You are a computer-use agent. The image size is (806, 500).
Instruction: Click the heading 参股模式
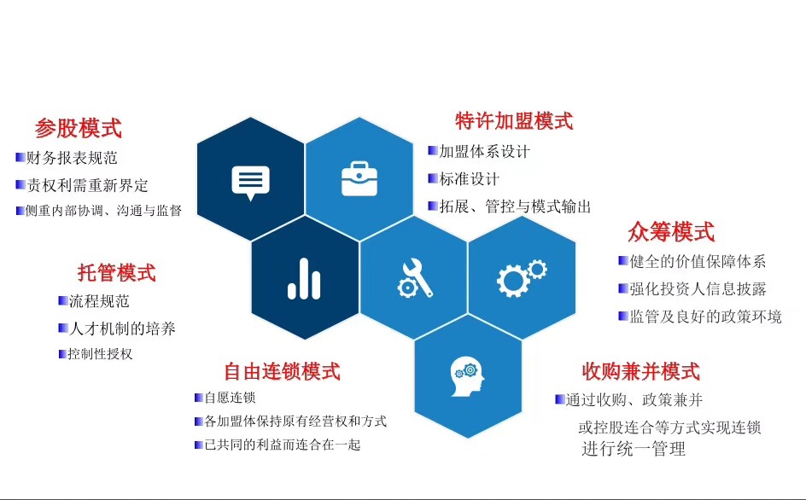coord(78,129)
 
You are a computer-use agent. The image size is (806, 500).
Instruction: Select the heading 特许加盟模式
coord(514,121)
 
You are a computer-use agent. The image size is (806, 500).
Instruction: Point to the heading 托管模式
coord(117,273)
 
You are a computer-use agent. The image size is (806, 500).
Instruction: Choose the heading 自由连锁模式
coord(282,371)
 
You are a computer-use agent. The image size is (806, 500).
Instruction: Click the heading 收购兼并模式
coord(640,371)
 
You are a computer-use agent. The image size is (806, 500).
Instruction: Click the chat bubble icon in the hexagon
coord(250,182)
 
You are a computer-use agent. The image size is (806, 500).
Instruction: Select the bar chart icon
coord(304,278)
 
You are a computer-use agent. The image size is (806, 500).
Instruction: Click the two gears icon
coord(521,276)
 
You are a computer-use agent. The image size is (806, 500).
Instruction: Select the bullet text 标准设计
coord(469,179)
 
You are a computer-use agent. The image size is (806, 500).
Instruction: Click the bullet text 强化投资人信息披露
coord(698,288)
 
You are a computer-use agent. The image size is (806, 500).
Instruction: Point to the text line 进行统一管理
coord(634,449)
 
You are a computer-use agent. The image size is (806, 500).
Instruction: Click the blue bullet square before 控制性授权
coord(62,353)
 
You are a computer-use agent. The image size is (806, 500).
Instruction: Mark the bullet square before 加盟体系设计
coord(432,151)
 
